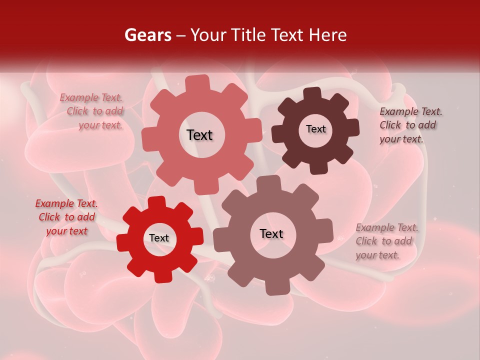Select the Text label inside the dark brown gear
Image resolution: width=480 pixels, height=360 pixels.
315,129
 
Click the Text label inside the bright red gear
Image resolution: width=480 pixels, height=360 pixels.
159,238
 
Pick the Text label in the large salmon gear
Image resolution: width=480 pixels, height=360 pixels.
199,135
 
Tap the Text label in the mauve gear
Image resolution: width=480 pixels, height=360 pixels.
271,233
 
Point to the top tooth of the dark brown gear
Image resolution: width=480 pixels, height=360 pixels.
312,93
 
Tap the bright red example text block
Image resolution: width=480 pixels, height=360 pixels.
66,217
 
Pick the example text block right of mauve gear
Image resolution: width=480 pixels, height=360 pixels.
386,241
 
